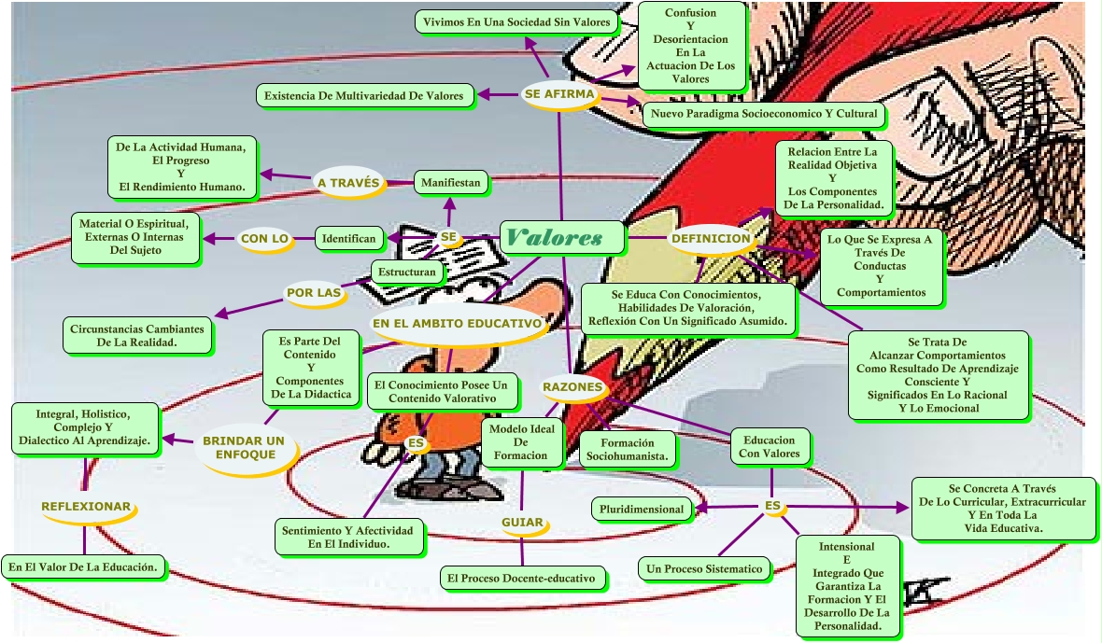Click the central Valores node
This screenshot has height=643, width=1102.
561,238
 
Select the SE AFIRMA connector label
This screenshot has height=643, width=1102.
558,93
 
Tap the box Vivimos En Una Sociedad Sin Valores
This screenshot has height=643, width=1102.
516,21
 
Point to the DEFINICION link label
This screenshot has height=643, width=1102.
711,238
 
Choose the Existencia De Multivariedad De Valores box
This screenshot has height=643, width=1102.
365,95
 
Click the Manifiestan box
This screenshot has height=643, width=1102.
452,183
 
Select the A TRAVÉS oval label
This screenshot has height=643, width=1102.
348,183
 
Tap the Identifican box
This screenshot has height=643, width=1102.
349,239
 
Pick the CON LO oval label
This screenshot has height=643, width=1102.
265,239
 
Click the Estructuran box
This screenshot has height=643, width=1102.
406,273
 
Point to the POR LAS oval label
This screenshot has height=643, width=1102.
314,293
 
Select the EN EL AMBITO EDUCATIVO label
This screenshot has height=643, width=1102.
458,324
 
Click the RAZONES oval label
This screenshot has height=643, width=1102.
572,386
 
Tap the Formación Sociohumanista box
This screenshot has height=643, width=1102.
628,450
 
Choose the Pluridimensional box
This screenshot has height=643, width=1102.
643,510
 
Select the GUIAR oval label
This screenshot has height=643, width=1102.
522,522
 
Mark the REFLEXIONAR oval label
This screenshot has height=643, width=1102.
86,506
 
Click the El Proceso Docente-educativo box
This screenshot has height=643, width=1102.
521,579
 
